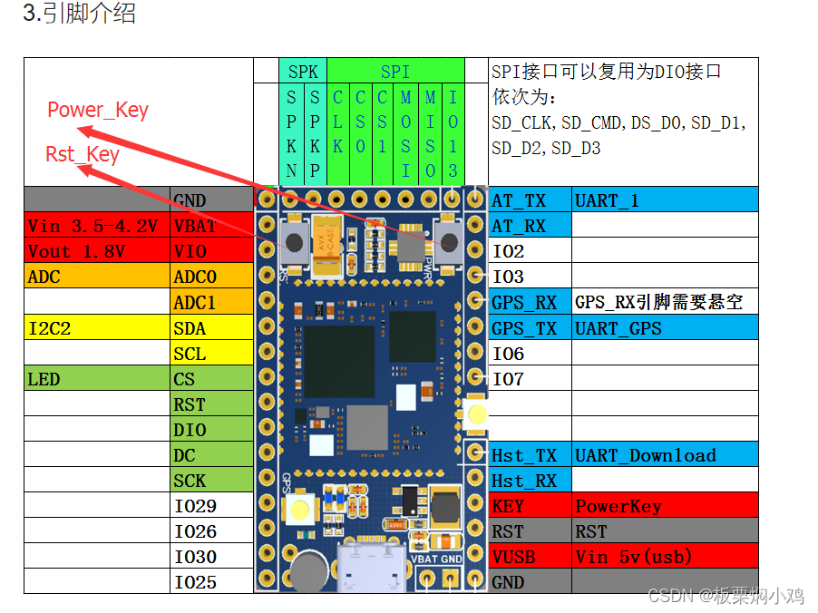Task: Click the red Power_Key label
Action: (98, 111)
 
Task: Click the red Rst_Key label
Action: (83, 154)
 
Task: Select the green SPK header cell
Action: (303, 72)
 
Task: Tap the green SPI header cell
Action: (395, 72)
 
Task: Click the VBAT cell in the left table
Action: (211, 226)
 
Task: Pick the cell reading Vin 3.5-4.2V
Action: (97, 226)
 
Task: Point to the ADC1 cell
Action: (211, 302)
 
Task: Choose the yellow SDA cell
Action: (211, 328)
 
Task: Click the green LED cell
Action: (97, 379)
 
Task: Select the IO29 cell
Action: (211, 506)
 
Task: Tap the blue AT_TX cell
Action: (530, 200)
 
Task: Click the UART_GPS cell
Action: (665, 328)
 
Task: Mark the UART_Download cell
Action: (665, 455)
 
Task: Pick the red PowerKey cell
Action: (665, 506)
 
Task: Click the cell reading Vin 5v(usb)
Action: (665, 557)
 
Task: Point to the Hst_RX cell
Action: (530, 481)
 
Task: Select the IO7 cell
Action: (530, 379)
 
